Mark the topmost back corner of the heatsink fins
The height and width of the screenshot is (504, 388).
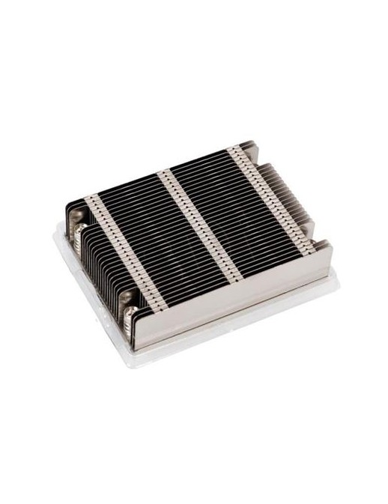coord(250,140)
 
